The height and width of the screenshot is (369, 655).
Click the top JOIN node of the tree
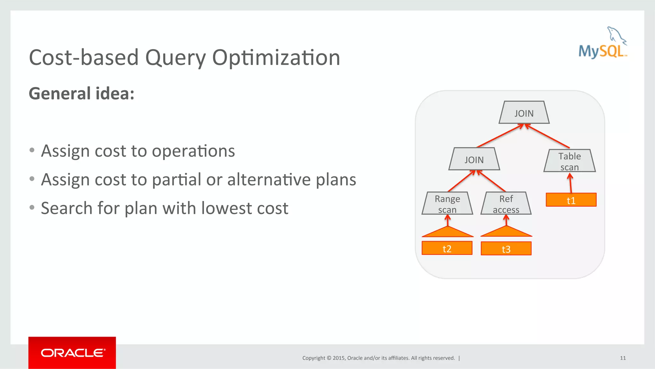pos(524,113)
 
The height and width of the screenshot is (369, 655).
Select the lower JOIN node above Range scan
pos(474,159)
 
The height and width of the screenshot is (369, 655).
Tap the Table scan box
pos(569,161)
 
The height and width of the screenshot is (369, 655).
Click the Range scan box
pos(447,204)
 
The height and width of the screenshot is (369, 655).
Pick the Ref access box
pos(506,204)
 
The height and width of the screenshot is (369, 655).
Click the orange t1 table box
pos(571,200)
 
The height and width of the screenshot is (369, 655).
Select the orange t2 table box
pos(447,248)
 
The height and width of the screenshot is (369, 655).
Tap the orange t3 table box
pos(506,249)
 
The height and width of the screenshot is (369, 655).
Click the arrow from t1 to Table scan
pos(570,183)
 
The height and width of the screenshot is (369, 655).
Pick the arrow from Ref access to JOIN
pos(491,181)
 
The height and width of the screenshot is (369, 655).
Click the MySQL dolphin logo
pos(603,44)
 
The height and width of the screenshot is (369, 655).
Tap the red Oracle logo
pos(72,353)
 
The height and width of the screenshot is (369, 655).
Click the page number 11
pos(623,358)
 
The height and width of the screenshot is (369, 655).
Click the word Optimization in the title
pos(276,58)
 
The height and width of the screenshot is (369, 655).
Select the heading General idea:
pos(82,94)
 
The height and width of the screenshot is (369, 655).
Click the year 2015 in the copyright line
pos(338,358)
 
